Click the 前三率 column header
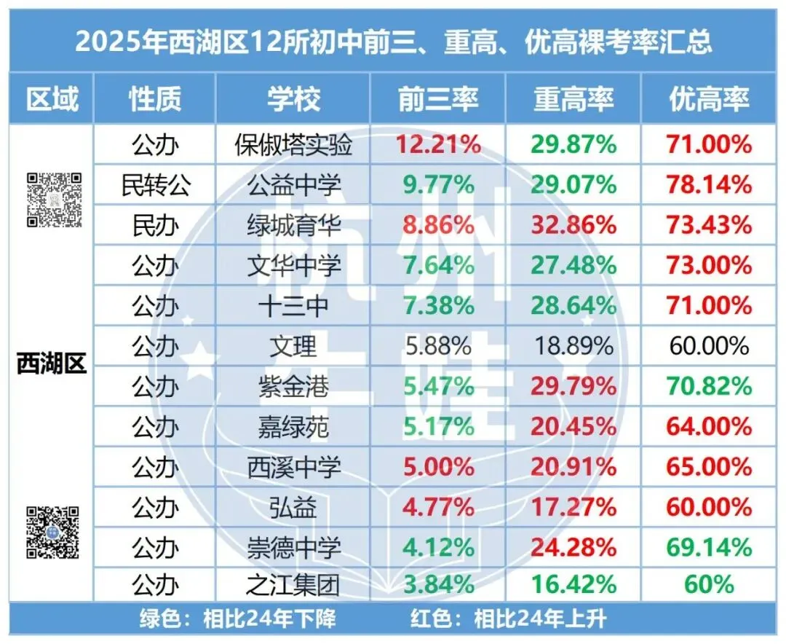[437, 99]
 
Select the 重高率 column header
[573, 99]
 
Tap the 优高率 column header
[709, 99]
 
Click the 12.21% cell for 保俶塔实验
[437, 145]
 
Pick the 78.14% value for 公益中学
[709, 185]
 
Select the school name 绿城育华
[293, 225]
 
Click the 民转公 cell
[155, 185]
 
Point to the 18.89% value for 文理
[573, 345]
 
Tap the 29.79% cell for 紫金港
[573, 385]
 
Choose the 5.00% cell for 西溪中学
[437, 466]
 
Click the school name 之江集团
[293, 584]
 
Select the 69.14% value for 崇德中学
[709, 546]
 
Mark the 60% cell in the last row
[709, 584]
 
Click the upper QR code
[52, 200]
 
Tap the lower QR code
[52, 533]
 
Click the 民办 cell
[155, 225]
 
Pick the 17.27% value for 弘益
[573, 506]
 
